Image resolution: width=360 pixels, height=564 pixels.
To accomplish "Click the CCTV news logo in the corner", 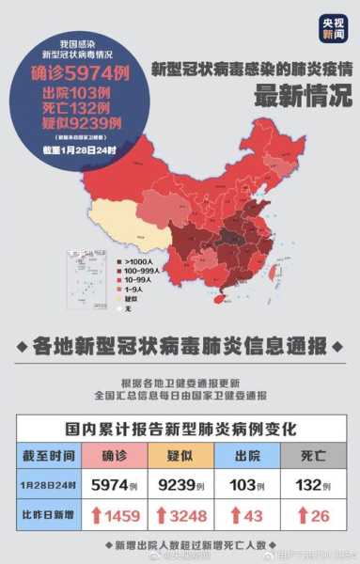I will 332,28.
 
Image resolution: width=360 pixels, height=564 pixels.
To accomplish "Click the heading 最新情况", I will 290,96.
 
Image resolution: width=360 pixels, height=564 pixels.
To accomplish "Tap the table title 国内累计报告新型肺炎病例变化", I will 180,429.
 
